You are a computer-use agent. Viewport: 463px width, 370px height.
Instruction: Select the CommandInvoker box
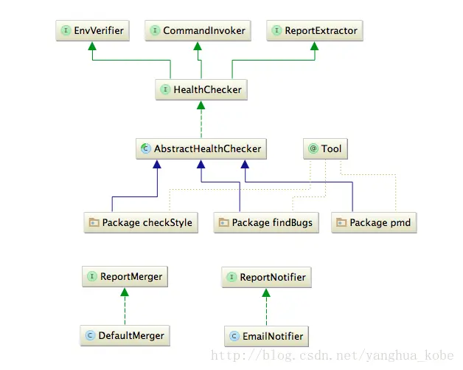(x=198, y=31)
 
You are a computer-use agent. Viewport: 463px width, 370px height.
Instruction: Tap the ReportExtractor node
(x=315, y=31)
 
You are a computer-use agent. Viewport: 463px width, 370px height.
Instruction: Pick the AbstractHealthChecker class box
(x=201, y=148)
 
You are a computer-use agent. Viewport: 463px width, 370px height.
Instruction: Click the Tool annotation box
(x=325, y=148)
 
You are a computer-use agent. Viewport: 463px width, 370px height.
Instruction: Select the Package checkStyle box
(x=140, y=222)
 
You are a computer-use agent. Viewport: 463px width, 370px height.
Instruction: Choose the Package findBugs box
(x=265, y=222)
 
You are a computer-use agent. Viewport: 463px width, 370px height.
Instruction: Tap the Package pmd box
(x=374, y=222)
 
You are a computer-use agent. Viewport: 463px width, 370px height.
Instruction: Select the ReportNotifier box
(x=265, y=278)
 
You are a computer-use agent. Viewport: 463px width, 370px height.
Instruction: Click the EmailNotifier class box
(x=265, y=336)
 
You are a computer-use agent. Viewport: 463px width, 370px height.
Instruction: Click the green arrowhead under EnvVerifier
(x=92, y=47)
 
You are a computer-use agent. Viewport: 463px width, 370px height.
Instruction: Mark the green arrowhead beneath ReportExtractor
(x=315, y=47)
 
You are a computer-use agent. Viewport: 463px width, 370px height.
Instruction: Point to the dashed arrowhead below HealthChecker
(x=201, y=106)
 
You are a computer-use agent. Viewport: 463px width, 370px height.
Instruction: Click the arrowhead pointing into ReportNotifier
(x=265, y=293)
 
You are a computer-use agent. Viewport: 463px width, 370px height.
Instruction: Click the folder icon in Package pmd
(x=341, y=223)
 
